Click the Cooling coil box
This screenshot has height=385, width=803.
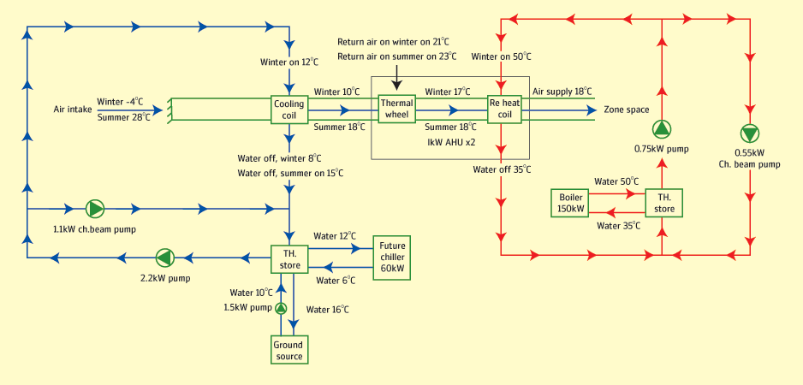tap(289, 110)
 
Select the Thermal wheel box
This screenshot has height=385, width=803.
tap(396, 109)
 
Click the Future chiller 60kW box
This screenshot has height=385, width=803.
tap(392, 257)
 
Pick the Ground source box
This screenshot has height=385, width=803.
tap(289, 350)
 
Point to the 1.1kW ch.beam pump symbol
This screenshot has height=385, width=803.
tap(94, 208)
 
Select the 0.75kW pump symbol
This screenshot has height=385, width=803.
tap(663, 130)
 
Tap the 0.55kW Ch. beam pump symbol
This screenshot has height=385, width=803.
tap(750, 134)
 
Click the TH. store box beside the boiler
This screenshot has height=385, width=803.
tap(664, 202)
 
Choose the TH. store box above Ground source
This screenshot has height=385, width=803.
tap(289, 258)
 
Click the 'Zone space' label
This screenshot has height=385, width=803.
tap(627, 110)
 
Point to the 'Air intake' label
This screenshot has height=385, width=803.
tap(73, 110)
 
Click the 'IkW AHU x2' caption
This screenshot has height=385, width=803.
tap(451, 140)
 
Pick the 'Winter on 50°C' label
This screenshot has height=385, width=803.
tap(501, 56)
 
